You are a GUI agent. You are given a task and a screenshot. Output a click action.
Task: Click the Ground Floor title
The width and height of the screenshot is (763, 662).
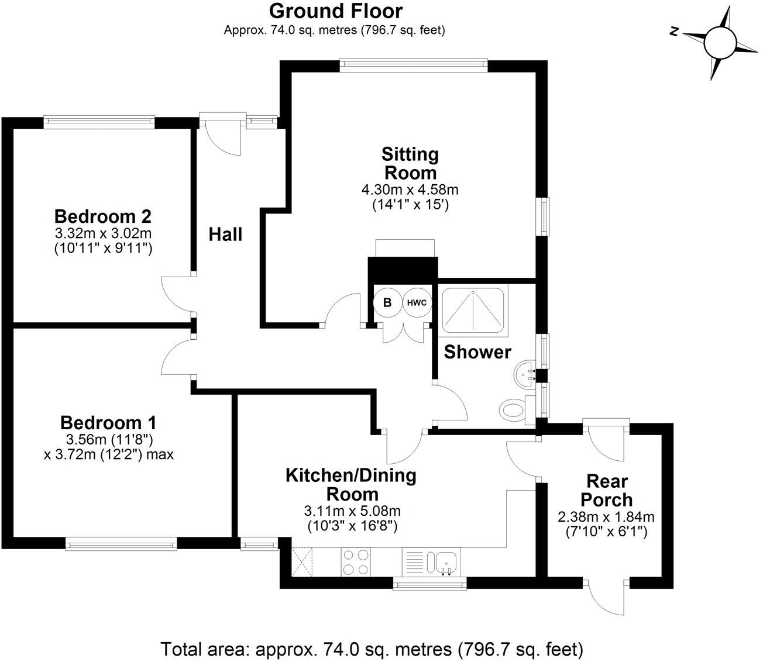pyautogui.click(x=336, y=11)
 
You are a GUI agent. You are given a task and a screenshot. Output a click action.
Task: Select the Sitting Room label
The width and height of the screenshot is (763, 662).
pyautogui.click(x=410, y=163)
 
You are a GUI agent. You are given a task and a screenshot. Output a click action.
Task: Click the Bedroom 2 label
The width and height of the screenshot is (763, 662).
pyautogui.click(x=103, y=216)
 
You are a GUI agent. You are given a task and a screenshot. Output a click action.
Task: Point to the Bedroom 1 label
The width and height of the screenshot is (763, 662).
pyautogui.click(x=108, y=422)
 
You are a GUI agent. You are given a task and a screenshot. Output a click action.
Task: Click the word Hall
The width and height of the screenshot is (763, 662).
pyautogui.click(x=225, y=235)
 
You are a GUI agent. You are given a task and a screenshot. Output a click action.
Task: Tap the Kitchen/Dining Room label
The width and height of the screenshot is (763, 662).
pyautogui.click(x=350, y=484)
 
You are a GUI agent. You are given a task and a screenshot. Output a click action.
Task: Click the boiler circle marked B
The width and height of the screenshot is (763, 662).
pyautogui.click(x=387, y=303)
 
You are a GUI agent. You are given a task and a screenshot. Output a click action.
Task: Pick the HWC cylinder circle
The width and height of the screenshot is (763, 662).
pyautogui.click(x=416, y=303)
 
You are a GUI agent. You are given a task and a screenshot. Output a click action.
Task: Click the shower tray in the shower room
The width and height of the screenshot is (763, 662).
pyautogui.click(x=474, y=309)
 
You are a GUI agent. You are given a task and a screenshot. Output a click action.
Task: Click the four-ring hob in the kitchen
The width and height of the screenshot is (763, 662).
pyautogui.click(x=355, y=561)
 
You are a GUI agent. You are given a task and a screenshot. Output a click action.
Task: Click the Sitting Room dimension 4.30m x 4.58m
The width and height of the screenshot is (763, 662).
pyautogui.click(x=410, y=189)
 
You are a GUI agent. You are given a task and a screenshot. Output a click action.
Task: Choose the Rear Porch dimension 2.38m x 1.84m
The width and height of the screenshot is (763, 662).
pyautogui.click(x=606, y=517)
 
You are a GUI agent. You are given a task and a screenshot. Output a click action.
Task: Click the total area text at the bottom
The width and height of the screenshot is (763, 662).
pyautogui.click(x=372, y=649)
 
